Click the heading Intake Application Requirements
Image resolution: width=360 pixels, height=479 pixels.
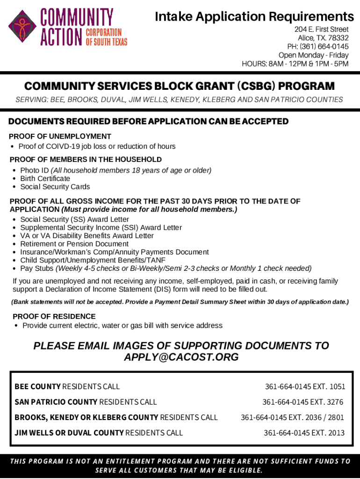pos(254,17)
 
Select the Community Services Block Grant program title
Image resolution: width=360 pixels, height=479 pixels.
pos(180,87)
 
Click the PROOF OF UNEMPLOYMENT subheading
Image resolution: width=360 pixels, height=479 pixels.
pos(60,137)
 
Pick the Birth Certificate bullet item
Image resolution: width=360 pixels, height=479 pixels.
pos(45,179)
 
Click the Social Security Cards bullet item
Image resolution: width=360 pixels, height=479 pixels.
pos(55,187)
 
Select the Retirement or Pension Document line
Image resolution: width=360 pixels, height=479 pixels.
pos(74,244)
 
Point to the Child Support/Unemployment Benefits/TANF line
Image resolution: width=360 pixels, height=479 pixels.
pos(93,261)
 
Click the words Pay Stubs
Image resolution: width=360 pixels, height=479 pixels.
pos(37,269)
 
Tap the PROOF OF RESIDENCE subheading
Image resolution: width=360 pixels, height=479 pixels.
pos(54,317)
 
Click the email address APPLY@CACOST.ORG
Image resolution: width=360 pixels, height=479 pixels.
pos(181,357)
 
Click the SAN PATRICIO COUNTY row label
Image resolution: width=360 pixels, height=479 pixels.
pos(56,402)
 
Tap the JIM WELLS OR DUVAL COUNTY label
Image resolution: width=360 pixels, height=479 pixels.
pos(69,433)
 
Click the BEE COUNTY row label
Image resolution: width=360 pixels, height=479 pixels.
pos(37,387)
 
